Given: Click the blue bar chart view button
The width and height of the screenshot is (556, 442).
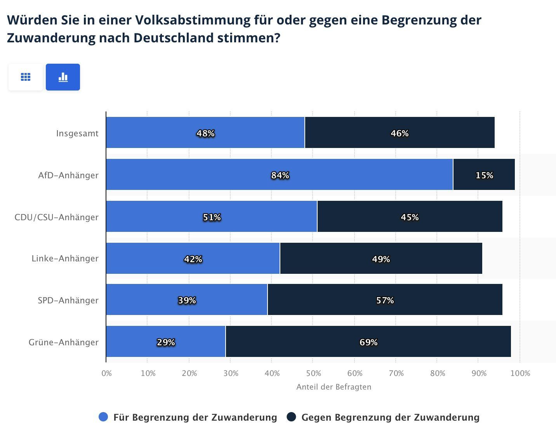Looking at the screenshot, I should point(63,77).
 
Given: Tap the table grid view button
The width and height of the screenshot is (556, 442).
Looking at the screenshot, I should point(26,77).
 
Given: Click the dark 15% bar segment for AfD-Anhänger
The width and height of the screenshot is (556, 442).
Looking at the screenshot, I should point(484,175).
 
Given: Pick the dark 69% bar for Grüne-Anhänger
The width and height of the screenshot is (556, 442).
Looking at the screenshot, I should point(368,342).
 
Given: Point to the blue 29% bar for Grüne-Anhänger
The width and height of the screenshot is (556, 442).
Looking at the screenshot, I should point(166,342).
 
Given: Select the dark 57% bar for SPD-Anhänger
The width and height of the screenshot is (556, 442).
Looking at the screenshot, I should point(385,300).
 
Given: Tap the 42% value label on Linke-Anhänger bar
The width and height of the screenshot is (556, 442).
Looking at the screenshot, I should point(193,259).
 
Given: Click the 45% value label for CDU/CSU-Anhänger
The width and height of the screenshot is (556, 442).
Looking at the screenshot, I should point(410,217).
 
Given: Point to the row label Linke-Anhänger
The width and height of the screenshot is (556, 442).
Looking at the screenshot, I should point(65,258).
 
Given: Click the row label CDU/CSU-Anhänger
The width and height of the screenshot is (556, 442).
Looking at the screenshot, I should point(57,217).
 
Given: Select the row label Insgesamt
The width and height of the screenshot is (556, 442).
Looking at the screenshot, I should point(77,133).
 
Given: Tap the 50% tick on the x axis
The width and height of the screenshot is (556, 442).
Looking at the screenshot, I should point(313,373).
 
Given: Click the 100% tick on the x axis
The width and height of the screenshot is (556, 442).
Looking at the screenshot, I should point(520,373).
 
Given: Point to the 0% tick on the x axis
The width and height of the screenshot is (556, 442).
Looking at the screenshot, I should point(107,373).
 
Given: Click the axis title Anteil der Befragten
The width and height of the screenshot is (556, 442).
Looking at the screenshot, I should point(334,387).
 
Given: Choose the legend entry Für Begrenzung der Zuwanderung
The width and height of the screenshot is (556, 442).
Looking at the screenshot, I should point(195,418).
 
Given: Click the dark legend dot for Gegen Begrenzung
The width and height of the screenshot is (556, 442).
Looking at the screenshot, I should point(292,417).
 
